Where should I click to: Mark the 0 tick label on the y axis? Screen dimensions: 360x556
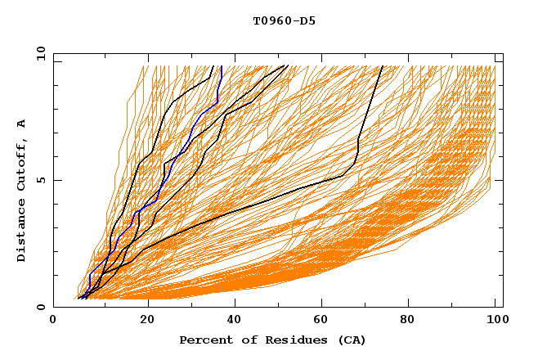click(x=40, y=307)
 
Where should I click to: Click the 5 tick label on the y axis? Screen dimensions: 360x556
click(x=40, y=180)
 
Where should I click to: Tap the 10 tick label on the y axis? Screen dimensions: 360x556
click(x=38, y=53)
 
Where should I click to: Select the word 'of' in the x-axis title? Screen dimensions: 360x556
click(x=243, y=340)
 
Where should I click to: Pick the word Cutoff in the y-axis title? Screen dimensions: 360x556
click(x=22, y=164)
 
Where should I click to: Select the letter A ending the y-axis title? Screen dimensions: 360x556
click(x=22, y=124)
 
